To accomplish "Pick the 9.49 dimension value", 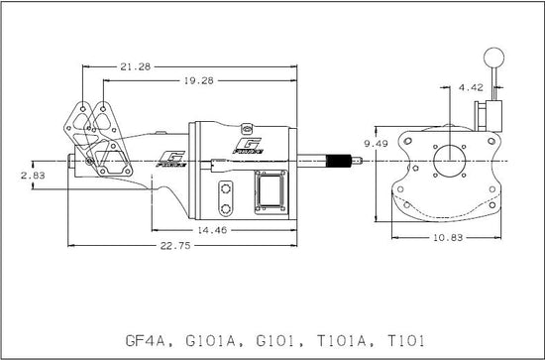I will coord(376,144).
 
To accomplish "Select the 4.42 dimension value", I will coord(471,87).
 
